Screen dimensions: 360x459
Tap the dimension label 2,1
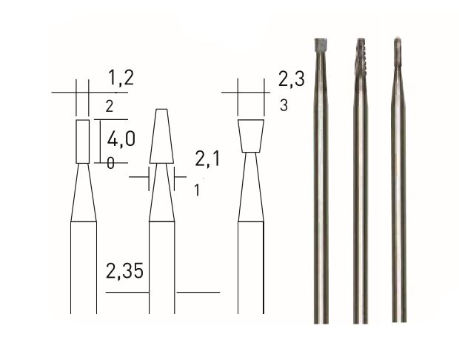(x=210, y=158)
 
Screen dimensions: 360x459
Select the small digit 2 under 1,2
(x=109, y=107)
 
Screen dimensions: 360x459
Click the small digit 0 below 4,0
(x=110, y=164)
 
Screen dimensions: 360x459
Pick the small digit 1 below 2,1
(x=197, y=190)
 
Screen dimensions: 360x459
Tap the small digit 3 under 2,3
(x=284, y=106)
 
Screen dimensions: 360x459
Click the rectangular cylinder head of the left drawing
(x=82, y=140)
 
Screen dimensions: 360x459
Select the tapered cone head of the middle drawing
(x=162, y=137)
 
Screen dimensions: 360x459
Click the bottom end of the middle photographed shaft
(x=361, y=319)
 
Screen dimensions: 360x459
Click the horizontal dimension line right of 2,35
(x=198, y=293)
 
